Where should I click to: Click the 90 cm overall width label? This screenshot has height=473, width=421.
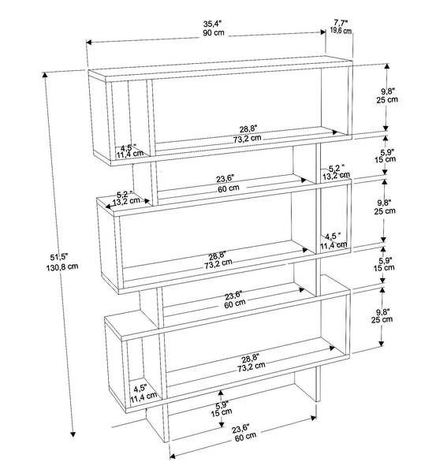(214, 32)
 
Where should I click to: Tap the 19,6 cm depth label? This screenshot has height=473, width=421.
(341, 30)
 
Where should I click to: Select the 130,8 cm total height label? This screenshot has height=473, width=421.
(62, 266)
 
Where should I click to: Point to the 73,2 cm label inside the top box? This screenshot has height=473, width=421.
(247, 139)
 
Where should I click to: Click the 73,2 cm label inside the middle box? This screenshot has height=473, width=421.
(218, 263)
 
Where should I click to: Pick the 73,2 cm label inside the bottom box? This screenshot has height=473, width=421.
(251, 367)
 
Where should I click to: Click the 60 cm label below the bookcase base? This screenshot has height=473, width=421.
(245, 437)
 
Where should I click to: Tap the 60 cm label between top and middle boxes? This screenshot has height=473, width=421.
(229, 188)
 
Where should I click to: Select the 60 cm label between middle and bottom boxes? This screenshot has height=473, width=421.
(235, 304)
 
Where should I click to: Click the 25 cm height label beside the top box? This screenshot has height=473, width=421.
(387, 99)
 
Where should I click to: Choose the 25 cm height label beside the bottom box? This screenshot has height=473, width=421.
(382, 319)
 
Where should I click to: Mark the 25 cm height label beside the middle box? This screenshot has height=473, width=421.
(385, 210)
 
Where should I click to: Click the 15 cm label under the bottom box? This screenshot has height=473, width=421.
(222, 412)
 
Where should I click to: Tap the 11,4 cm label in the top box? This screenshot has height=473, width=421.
(130, 154)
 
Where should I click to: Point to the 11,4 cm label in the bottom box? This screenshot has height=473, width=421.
(143, 397)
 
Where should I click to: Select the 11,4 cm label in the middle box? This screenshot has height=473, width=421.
(333, 244)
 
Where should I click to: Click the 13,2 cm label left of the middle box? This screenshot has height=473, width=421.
(126, 200)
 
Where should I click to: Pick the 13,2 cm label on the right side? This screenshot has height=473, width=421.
(337, 175)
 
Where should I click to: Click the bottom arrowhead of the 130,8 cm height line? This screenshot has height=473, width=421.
(73, 434)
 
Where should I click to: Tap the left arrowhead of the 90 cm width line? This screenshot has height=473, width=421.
(89, 42)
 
